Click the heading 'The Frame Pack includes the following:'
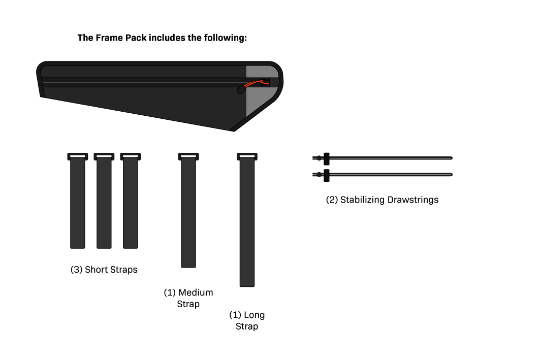tap(162, 38)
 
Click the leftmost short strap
tap(78, 203)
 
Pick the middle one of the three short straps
tap(104, 203)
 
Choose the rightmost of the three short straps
tap(131, 203)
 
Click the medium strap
tap(188, 213)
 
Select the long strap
tap(247, 223)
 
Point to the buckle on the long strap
tap(247, 156)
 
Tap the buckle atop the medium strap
tap(188, 156)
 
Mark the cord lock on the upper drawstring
tap(326, 158)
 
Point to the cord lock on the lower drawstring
tap(326, 175)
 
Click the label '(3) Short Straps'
tap(104, 270)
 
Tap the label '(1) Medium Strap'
tap(188, 298)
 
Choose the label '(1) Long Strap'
tap(247, 320)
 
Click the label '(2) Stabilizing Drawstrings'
tap(382, 200)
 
